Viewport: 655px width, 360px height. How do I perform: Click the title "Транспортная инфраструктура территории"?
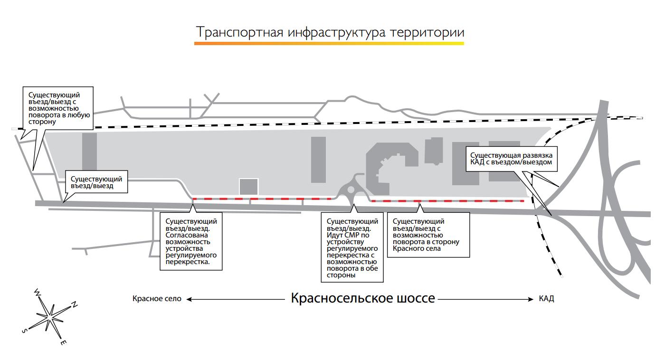click(330, 32)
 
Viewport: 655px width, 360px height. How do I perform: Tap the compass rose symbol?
click(49, 315)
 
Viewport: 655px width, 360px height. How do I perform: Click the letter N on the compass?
click(75, 304)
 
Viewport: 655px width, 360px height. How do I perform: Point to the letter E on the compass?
click(63, 342)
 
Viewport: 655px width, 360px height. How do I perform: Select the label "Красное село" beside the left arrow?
click(157, 299)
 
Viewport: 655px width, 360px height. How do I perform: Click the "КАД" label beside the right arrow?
click(546, 299)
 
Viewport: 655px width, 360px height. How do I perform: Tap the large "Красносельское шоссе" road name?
click(362, 298)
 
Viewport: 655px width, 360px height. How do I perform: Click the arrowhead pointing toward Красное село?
click(190, 299)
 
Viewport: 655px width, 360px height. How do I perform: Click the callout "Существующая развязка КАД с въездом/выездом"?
click(512, 159)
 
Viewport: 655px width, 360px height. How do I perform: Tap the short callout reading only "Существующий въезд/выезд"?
click(96, 182)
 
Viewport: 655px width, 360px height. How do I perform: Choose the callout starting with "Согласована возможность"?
click(191, 241)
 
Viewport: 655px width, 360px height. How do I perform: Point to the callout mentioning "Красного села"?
click(428, 235)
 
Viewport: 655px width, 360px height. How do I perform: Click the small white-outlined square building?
click(248, 187)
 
